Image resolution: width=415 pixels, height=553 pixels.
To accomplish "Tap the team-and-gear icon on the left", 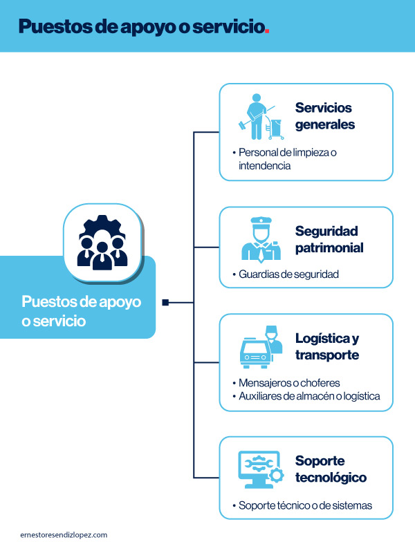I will click(102, 243).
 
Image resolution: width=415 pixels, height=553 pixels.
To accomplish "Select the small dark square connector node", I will click(165, 302).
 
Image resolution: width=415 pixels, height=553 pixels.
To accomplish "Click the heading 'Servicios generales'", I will click(324, 116).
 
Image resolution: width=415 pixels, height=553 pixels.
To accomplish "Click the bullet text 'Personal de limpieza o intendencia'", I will click(287, 159).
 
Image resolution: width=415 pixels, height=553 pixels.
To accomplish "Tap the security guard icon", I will click(260, 240).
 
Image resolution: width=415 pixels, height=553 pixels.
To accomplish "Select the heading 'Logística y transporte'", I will click(327, 346).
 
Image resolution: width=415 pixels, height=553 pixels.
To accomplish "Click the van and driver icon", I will click(261, 346).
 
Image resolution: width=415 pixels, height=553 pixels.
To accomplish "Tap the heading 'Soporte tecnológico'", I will click(331, 469).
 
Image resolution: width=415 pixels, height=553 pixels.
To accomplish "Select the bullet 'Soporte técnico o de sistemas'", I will click(304, 505).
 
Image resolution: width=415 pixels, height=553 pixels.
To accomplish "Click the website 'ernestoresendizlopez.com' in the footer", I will click(64, 535).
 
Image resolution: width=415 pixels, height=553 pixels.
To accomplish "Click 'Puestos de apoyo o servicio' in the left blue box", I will click(81, 311).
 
